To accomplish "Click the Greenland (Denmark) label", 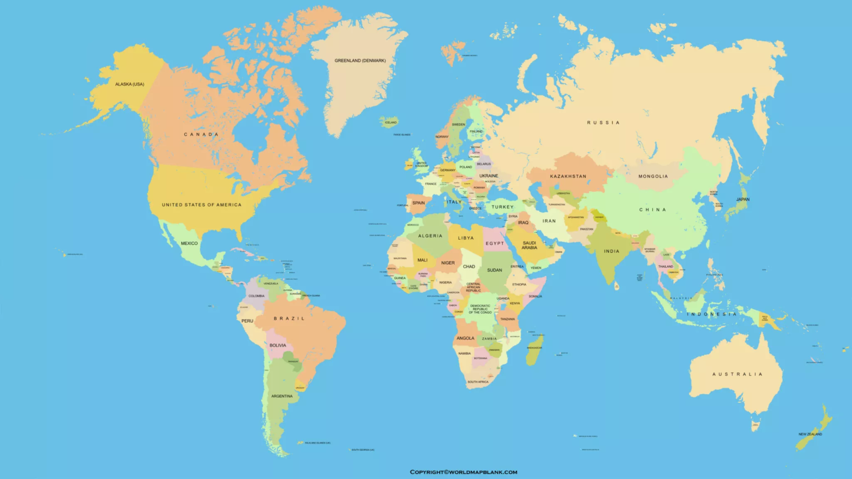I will tap(360, 60).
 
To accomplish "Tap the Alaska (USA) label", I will tap(129, 84).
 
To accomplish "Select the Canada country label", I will tap(201, 134).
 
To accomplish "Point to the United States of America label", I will tap(201, 205).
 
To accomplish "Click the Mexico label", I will tap(189, 243).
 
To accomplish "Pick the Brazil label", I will tap(289, 318).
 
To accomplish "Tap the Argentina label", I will tap(282, 396).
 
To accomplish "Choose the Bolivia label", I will tap(278, 345).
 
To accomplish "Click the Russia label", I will tap(603, 123).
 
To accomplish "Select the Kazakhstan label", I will tap(568, 176).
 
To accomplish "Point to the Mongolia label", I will tap(653, 176).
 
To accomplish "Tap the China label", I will tap(652, 210).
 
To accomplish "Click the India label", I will tap(611, 251).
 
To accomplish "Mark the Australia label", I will tap(737, 374).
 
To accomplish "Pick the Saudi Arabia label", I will tap(529, 245).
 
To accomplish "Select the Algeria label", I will tap(430, 236).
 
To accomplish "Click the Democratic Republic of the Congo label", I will tap(480, 309).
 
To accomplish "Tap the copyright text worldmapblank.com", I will tap(463, 472).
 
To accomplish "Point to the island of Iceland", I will tap(390, 122).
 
